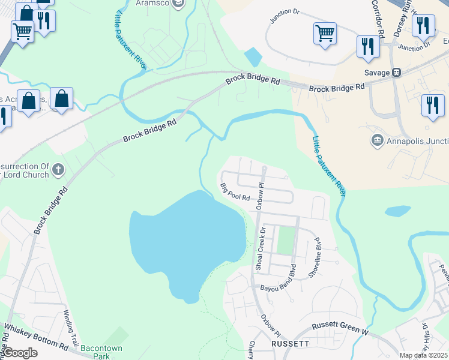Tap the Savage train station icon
tap(396, 72)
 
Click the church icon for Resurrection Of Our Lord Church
tap(58, 169)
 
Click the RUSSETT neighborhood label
tap(290, 344)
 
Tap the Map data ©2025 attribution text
tap(423, 355)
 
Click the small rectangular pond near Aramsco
tap(253, 57)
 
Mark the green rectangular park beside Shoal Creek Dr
tap(286, 240)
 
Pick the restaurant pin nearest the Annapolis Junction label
tap(432, 106)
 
